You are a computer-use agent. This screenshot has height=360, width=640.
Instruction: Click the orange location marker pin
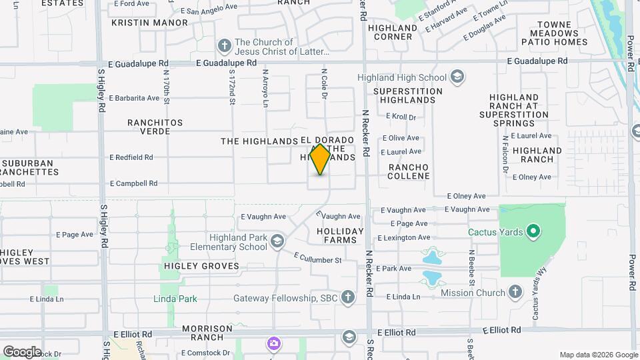[320, 159]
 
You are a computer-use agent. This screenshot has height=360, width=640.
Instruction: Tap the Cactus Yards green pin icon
[533, 232]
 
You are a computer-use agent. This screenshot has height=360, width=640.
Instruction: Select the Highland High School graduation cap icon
[457, 77]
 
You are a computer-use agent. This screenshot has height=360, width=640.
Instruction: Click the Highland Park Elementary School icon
[277, 240]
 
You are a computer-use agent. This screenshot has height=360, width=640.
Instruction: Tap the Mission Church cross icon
[515, 292]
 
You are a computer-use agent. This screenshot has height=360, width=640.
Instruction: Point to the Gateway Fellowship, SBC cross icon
[347, 297]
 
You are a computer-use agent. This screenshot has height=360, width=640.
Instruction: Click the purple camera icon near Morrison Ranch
[273, 344]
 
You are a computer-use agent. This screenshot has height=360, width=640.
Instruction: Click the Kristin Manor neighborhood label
[149, 23]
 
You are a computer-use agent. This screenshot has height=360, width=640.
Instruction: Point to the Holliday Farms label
[340, 236]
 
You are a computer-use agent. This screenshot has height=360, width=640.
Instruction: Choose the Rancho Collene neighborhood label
[409, 171]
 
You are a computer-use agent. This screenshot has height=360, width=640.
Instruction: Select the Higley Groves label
[201, 266]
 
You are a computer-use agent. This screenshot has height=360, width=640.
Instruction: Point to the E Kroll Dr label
[401, 117]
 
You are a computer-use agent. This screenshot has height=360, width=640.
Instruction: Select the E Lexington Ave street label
[404, 237]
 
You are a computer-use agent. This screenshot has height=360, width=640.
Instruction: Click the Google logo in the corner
[22, 351]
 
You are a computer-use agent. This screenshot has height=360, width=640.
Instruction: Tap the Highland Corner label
[394, 32]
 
